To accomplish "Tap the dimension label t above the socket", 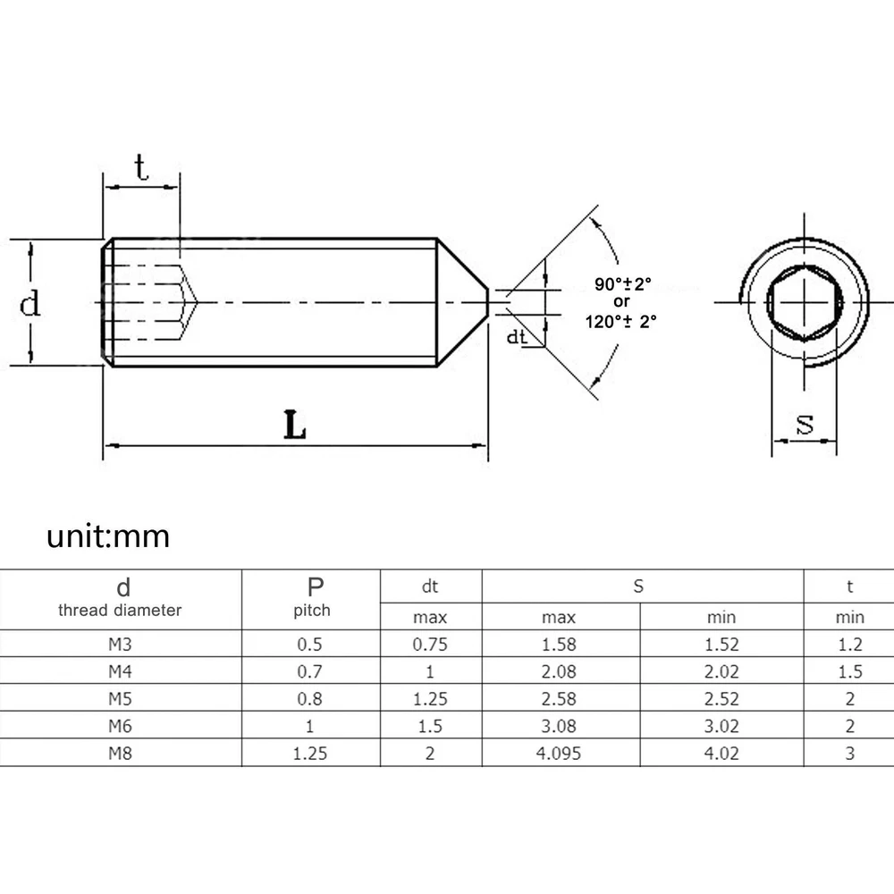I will [x=141, y=167].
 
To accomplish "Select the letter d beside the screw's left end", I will [x=30, y=304].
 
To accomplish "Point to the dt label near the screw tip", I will [x=517, y=337].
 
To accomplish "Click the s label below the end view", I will [x=805, y=424].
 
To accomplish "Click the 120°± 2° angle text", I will [x=621, y=318].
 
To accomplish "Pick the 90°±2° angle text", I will [x=623, y=284].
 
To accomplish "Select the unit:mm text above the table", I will [x=108, y=537].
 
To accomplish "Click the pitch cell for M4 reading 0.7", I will [x=310, y=671].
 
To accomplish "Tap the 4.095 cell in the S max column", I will [x=559, y=753].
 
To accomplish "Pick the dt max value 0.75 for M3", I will [x=430, y=644].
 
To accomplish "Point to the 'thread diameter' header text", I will [x=120, y=611].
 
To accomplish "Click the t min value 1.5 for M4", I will [x=849, y=671].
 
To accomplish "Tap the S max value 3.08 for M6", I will [x=559, y=726].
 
